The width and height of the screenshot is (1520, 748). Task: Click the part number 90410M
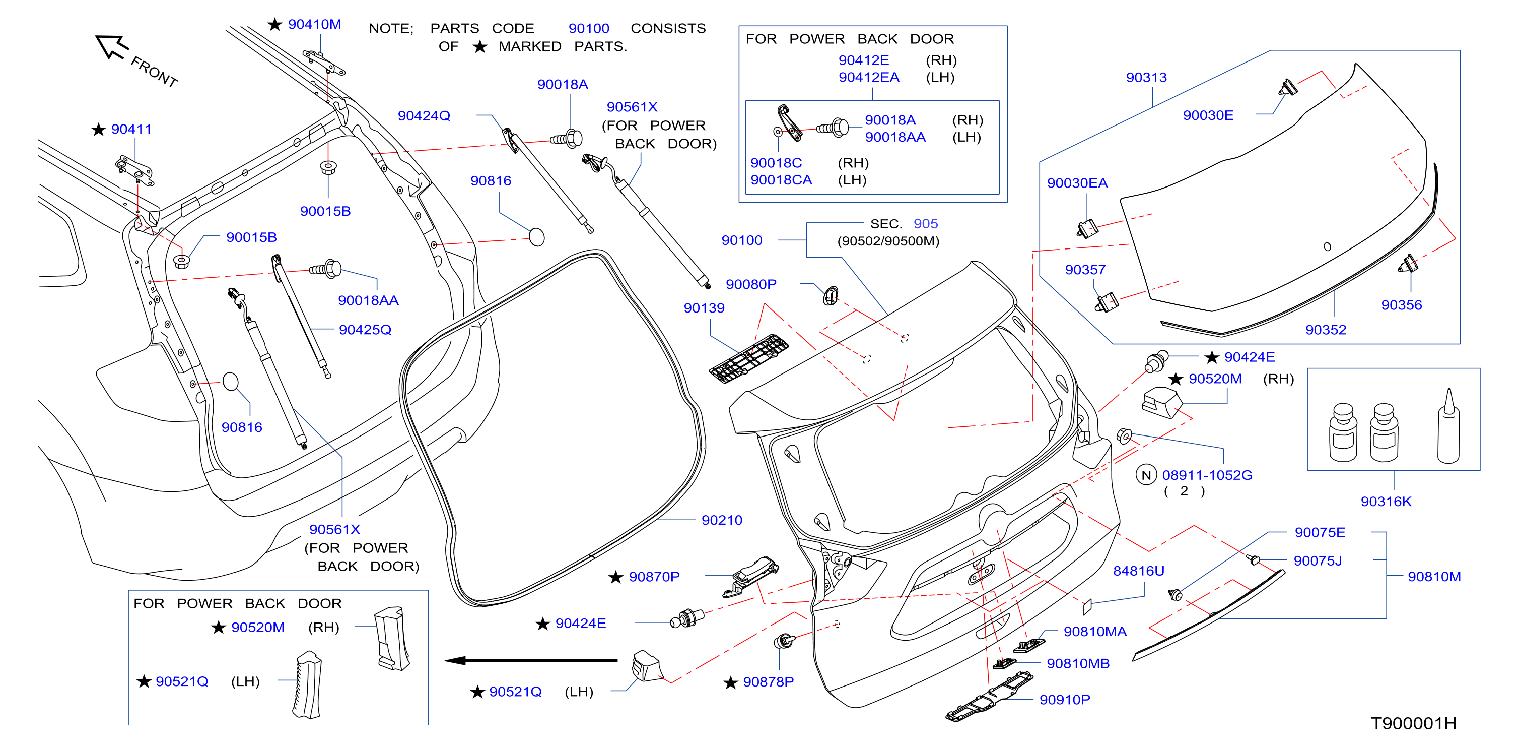[314, 24]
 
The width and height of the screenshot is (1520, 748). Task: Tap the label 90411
[131, 130]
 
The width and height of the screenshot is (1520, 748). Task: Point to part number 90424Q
[424, 116]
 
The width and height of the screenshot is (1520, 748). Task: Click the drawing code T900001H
[1413, 723]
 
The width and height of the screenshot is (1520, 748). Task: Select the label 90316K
[1386, 501]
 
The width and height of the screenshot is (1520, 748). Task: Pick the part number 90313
[1146, 77]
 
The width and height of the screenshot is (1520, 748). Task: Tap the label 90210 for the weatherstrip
[722, 520]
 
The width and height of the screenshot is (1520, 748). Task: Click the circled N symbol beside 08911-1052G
[1146, 475]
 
